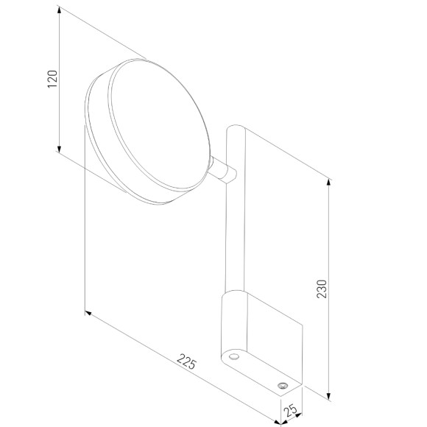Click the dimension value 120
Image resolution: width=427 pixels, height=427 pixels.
coord(52,79)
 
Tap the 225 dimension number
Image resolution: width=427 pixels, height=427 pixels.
coord(187,361)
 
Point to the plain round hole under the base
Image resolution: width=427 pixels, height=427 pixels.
coord(234,356)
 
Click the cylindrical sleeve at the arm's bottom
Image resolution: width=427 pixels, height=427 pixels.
coord(232,324)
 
